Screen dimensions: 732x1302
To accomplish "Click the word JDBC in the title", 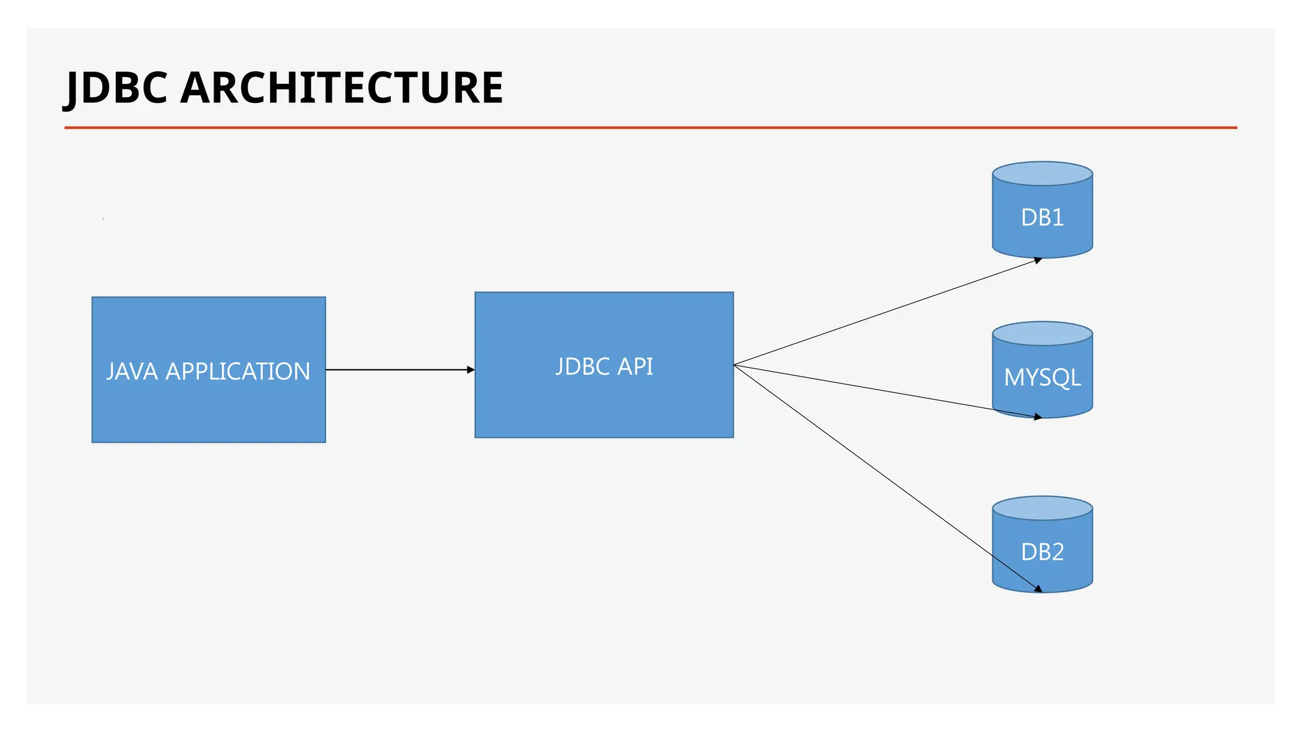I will [117, 88].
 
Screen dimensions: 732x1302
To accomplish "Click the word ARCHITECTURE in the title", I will [342, 88].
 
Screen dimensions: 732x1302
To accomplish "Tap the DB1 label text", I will [1042, 218].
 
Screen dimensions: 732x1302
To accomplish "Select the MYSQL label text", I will [1042, 378].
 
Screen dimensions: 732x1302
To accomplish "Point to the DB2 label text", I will [1042, 552].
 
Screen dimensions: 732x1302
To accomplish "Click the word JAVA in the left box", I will [132, 372].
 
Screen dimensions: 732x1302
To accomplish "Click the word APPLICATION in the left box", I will [238, 372].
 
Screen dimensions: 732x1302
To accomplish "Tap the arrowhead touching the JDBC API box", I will [471, 370].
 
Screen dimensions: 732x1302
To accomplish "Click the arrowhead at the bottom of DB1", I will [1038, 260].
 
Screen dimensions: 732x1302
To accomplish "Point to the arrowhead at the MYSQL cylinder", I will [1038, 417].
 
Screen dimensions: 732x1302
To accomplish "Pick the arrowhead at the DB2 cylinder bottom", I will [1038, 589].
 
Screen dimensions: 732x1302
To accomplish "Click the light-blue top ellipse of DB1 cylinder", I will [1042, 173].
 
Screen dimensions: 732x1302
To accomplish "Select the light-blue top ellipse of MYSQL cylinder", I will [1042, 334].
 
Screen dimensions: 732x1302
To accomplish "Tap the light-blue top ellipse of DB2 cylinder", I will [1042, 508].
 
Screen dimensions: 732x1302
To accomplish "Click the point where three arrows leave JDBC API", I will [734, 365].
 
